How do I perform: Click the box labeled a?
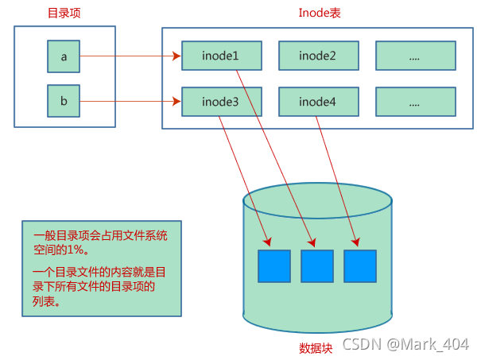click(64, 56)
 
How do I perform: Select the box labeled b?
click(64, 102)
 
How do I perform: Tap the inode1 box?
click(221, 56)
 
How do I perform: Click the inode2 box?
click(317, 56)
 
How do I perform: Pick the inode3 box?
click(221, 102)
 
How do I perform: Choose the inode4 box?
click(317, 102)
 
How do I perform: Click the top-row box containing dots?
click(415, 56)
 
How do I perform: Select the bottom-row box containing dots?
click(415, 102)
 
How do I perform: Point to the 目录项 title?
click(64, 13)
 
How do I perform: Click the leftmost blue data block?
click(274, 266)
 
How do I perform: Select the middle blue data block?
click(317, 266)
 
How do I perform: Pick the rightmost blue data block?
click(359, 266)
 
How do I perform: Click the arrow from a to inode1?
click(131, 56)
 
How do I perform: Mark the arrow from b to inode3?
click(131, 102)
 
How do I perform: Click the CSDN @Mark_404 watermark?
click(406, 345)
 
